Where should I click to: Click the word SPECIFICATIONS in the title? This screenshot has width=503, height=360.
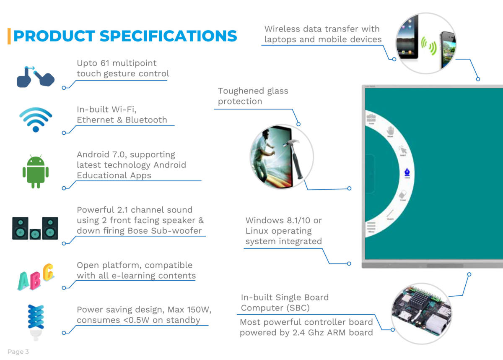click(169, 36)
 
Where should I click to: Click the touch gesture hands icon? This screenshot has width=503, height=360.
click(36, 77)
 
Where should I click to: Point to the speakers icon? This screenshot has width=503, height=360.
click(35, 228)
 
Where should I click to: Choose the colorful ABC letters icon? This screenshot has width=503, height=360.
click(36, 277)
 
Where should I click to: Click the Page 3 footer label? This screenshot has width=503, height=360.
click(18, 352)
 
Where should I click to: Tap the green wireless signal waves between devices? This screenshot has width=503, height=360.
click(429, 45)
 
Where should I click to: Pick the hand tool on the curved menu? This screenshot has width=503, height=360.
click(391, 131)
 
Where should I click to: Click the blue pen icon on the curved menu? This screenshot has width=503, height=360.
click(407, 173)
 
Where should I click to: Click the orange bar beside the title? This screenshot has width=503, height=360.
click(9, 36)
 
